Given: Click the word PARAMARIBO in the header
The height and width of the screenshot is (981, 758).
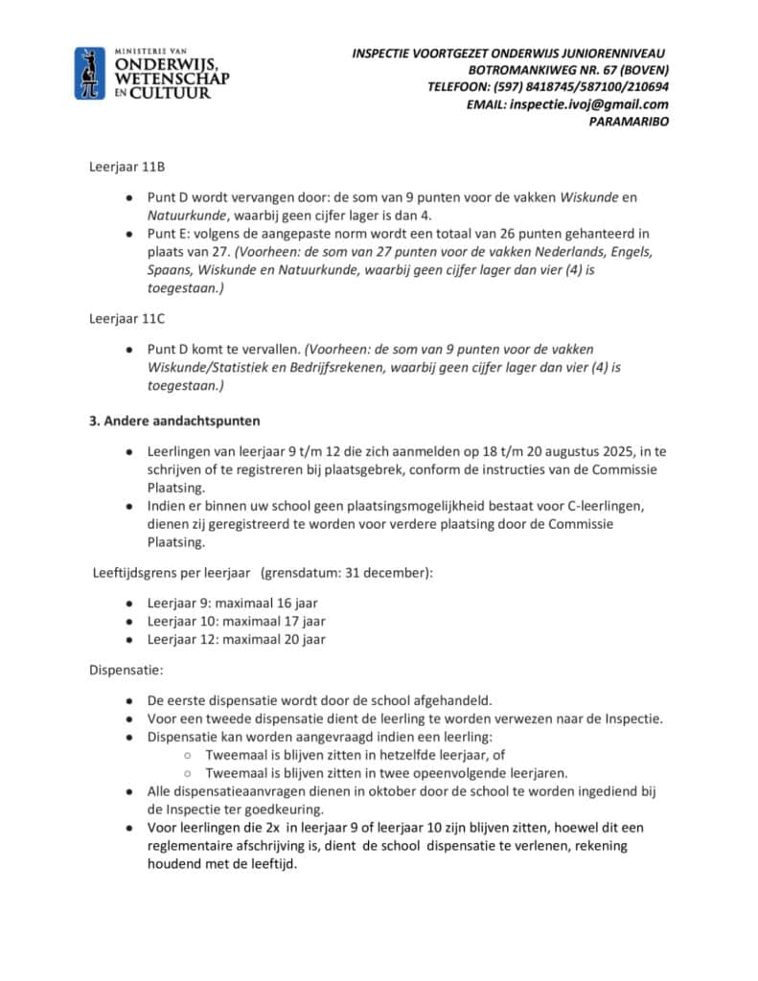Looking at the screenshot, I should pos(629,122).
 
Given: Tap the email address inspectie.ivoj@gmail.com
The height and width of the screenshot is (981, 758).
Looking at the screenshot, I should pos(589,104).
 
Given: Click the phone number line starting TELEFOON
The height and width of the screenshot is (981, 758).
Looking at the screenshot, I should pos(548,87).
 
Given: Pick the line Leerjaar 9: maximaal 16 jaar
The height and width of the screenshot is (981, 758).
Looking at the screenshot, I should pos(232,604).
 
